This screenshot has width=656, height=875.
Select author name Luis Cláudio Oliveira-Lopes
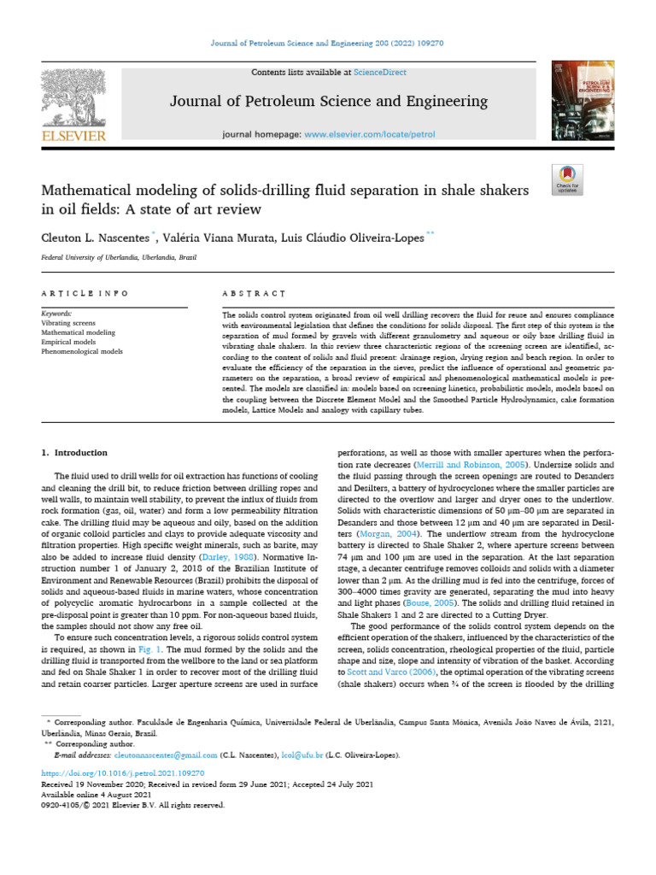click(x=359, y=238)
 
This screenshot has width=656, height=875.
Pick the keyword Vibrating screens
click(x=69, y=324)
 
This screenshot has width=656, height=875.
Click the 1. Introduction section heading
click(x=75, y=452)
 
